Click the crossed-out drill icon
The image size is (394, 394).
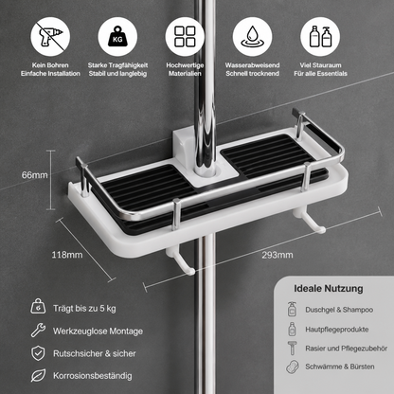50,37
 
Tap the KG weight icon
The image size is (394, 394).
117,37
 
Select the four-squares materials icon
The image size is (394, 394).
185,37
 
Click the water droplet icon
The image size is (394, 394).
252,37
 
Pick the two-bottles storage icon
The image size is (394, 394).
320,37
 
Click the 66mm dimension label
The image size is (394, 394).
35,175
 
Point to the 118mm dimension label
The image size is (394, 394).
67,255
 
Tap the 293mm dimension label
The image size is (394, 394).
278,255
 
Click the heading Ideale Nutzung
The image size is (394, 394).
329,289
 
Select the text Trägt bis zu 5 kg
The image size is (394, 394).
84,309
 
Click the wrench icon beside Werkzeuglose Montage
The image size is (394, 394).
38,331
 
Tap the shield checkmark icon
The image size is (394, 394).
38,353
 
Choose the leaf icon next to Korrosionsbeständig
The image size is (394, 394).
38,375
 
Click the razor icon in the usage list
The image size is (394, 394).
292,348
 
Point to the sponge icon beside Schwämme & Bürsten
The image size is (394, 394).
293,367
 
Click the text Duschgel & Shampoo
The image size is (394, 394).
339,310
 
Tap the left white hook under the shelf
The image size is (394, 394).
181,261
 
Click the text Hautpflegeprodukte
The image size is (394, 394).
337,330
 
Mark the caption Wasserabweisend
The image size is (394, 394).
252,65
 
